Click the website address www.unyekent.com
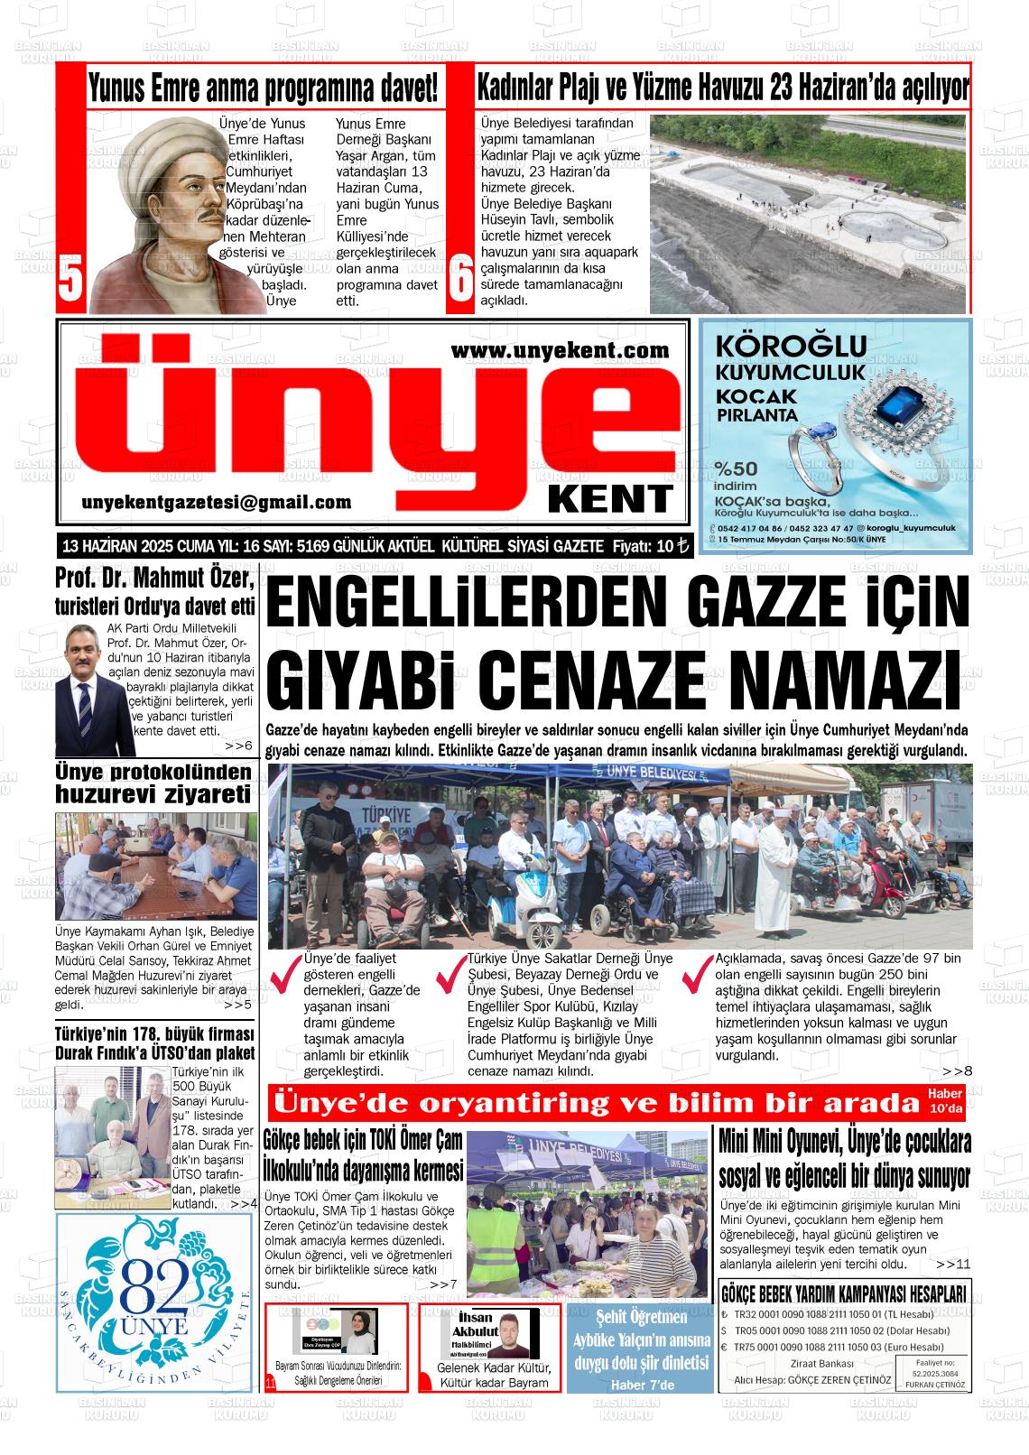560,349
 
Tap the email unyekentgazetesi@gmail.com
216,503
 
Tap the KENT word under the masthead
623,498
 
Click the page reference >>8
957,1070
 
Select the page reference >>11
953,1264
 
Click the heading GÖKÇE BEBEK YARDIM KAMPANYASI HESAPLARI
844,1293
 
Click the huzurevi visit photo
156,867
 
